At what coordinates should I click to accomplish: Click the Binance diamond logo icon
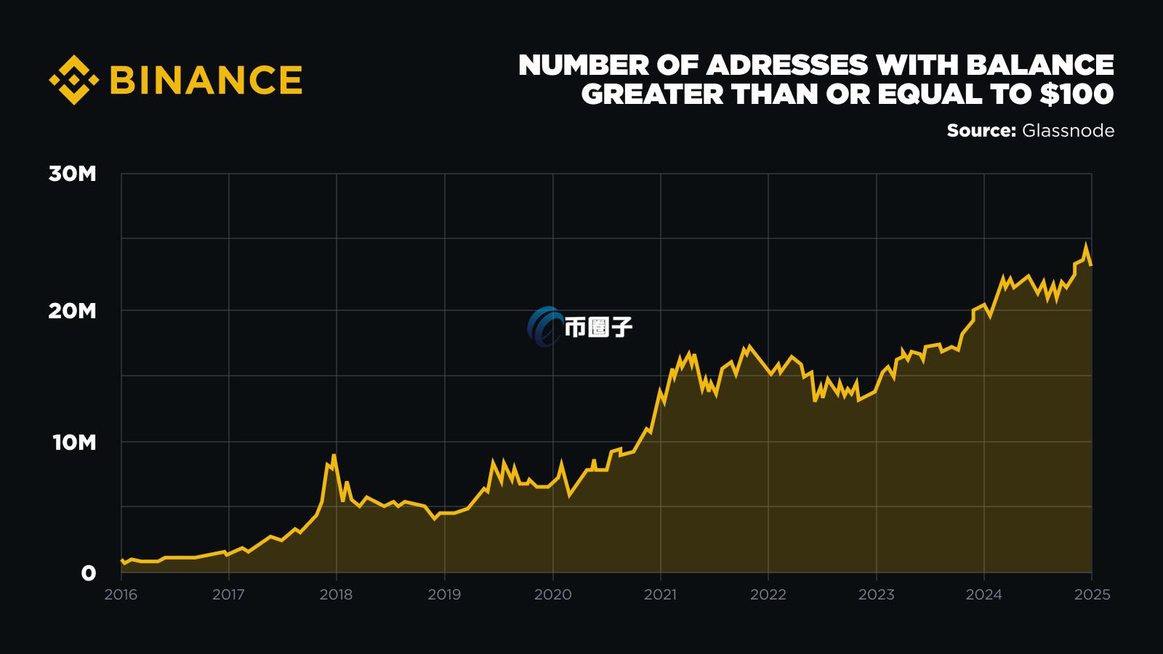pyautogui.click(x=73, y=79)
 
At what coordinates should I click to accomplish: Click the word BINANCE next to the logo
pyautogui.click(x=206, y=80)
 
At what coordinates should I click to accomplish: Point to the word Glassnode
pyautogui.click(x=1068, y=131)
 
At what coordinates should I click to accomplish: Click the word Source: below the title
pyautogui.click(x=981, y=131)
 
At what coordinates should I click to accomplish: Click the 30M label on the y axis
pyautogui.click(x=73, y=174)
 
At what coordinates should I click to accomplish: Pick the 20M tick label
pyautogui.click(x=73, y=311)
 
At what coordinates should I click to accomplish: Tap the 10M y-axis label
pyautogui.click(x=74, y=442)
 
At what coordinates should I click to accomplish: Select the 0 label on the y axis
pyautogui.click(x=88, y=573)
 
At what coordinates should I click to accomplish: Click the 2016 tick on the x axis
pyautogui.click(x=121, y=594)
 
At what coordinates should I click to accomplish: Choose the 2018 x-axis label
pyautogui.click(x=336, y=594)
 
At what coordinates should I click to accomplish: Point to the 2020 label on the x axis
pyautogui.click(x=552, y=594)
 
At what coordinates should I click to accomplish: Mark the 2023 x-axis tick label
pyautogui.click(x=877, y=594)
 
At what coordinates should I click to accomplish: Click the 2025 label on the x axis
pyautogui.click(x=1092, y=594)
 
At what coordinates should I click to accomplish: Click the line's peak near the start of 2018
pyautogui.click(x=334, y=456)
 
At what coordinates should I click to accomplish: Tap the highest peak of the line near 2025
pyautogui.click(x=1086, y=245)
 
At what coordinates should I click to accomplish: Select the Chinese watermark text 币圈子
pyautogui.click(x=598, y=328)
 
